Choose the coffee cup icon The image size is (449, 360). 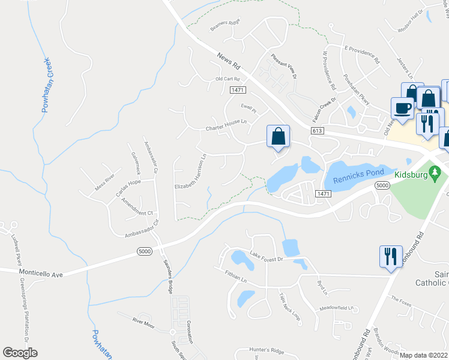tap(402, 108)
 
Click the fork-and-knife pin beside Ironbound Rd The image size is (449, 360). tap(390, 256)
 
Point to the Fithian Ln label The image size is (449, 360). tap(236, 275)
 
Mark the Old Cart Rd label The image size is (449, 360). tap(228, 79)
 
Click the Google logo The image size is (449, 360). tap(20, 353)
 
